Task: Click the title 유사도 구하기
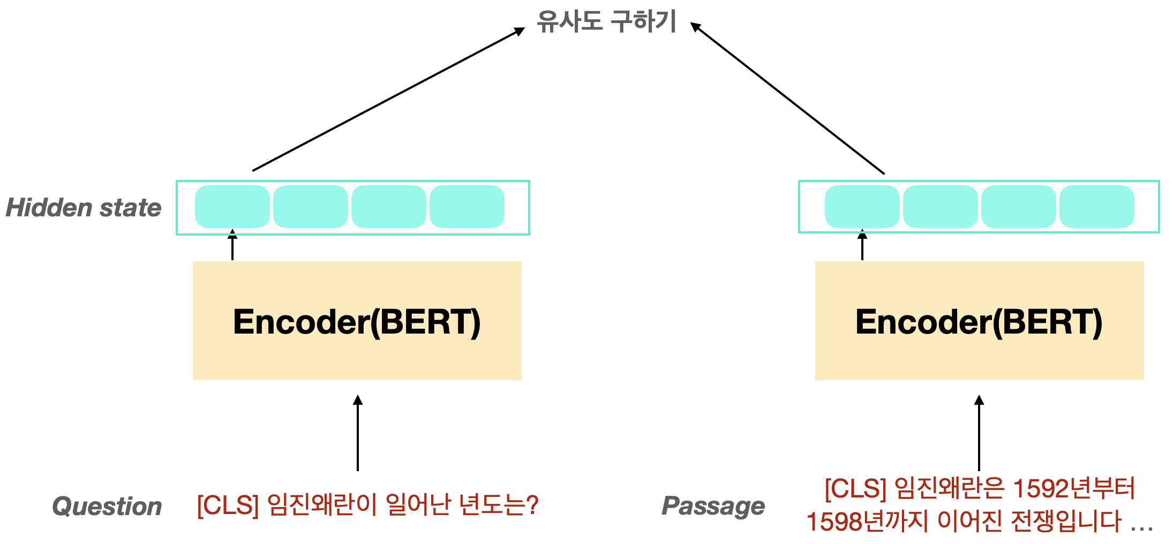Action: tap(606, 22)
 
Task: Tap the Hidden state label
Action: tap(84, 208)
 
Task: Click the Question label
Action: tap(107, 507)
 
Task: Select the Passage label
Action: tap(713, 506)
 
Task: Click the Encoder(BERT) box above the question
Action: tap(357, 321)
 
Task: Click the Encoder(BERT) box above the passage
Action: tap(979, 321)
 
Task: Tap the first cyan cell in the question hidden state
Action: tap(232, 207)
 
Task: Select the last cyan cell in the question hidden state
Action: tap(467, 207)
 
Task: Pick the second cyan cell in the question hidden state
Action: tap(311, 207)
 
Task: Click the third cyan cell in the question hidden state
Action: tap(389, 207)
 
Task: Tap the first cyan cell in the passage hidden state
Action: tap(862, 207)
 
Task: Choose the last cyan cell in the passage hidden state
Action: tap(1097, 207)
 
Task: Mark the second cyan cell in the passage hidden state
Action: tap(941, 207)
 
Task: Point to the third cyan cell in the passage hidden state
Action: tap(1019, 207)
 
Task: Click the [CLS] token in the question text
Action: tap(228, 505)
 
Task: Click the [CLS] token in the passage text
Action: tap(856, 488)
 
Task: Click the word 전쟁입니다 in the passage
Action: tap(1066, 522)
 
